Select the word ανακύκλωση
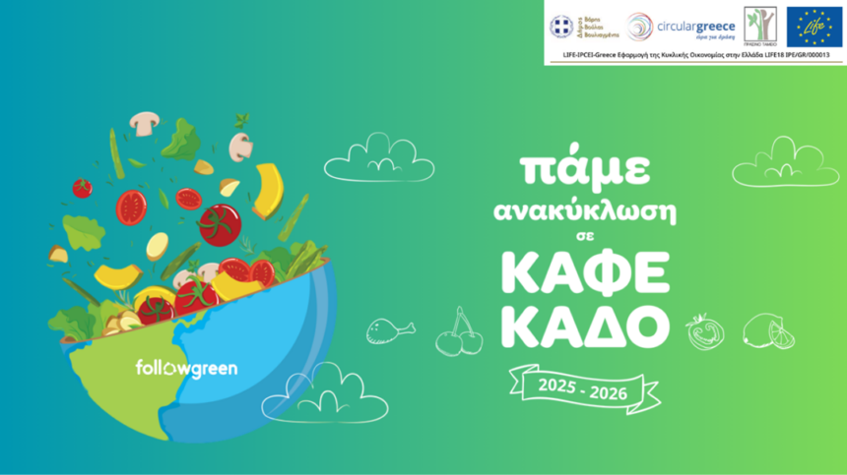(x=584, y=212)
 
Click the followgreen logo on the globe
(x=186, y=369)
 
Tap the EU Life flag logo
(x=814, y=26)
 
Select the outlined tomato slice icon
(x=706, y=331)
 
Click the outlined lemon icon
(x=769, y=331)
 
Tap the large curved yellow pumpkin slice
(x=269, y=191)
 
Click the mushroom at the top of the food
(x=146, y=123)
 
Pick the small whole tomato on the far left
(x=82, y=187)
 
